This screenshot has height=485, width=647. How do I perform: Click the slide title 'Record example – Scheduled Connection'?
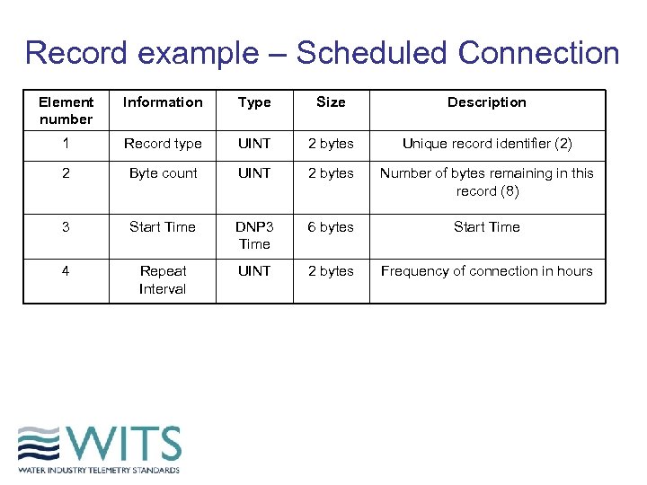(x=322, y=53)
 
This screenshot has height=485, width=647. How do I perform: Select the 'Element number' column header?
(x=66, y=110)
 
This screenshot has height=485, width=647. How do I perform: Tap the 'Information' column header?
(x=163, y=102)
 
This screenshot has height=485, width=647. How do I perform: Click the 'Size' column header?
(x=331, y=102)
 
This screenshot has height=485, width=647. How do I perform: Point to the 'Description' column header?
(x=486, y=102)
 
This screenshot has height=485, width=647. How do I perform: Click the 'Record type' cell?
(x=163, y=144)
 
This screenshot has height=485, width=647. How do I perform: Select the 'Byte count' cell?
(x=163, y=173)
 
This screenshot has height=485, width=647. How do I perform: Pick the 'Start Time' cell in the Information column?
(x=163, y=227)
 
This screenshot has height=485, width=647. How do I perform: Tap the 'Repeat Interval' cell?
(x=163, y=279)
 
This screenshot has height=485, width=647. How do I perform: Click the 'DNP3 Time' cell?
(x=254, y=235)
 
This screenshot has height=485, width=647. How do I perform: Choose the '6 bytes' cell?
(x=331, y=227)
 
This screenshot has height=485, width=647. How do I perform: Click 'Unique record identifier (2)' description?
(x=486, y=144)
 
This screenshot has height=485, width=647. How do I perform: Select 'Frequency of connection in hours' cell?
(x=486, y=271)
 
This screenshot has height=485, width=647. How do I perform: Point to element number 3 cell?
(x=66, y=227)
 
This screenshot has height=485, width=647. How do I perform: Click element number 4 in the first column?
(x=66, y=271)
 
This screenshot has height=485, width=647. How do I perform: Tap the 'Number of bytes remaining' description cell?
(x=486, y=182)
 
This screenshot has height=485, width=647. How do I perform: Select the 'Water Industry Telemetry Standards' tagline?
(x=99, y=470)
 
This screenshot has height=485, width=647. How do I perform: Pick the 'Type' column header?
(x=254, y=102)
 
